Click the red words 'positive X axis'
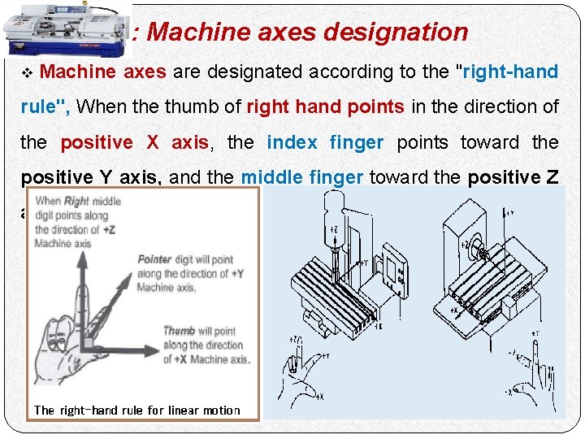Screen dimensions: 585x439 135,142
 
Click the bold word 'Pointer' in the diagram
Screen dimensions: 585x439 154,259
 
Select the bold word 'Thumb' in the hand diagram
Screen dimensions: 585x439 179,331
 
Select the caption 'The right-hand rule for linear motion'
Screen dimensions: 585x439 137,410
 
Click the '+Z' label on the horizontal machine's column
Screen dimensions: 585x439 466,244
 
